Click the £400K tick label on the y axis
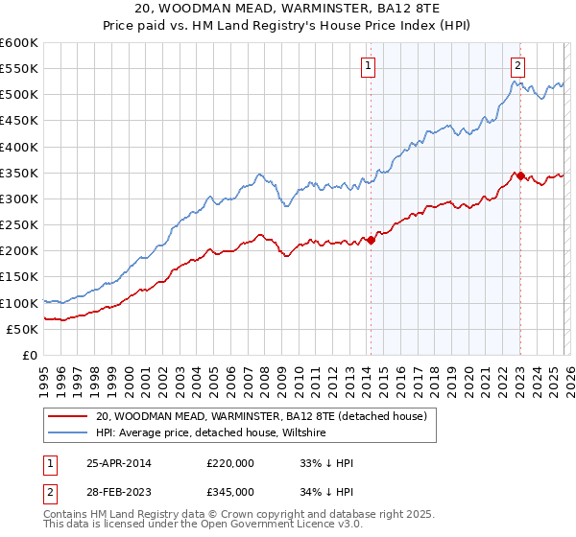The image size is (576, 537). pyautogui.click(x=18, y=147)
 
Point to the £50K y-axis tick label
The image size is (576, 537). pyautogui.click(x=21, y=329)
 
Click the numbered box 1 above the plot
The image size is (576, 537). pyautogui.click(x=369, y=66)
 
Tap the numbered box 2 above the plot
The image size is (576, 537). pyautogui.click(x=517, y=66)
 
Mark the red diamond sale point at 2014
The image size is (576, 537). pyautogui.click(x=371, y=240)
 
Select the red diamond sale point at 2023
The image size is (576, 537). pyautogui.click(x=520, y=175)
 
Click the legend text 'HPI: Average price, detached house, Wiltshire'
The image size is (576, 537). pyautogui.click(x=211, y=432)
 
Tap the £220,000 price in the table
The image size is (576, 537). pyautogui.click(x=230, y=463)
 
